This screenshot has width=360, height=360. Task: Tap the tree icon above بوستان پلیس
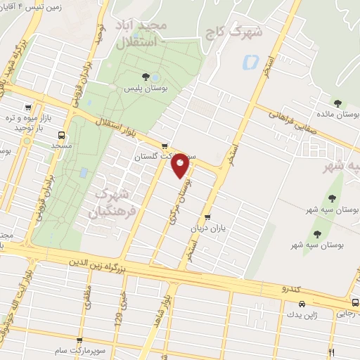click(x=145, y=77)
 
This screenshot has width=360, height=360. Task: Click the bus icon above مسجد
click(x=62, y=134)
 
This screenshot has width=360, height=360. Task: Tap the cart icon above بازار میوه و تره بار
click(x=27, y=108)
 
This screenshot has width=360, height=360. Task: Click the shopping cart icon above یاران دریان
click(x=207, y=217)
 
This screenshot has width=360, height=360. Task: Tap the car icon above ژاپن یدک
click(x=301, y=304)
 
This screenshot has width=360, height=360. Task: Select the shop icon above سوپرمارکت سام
click(x=79, y=340)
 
